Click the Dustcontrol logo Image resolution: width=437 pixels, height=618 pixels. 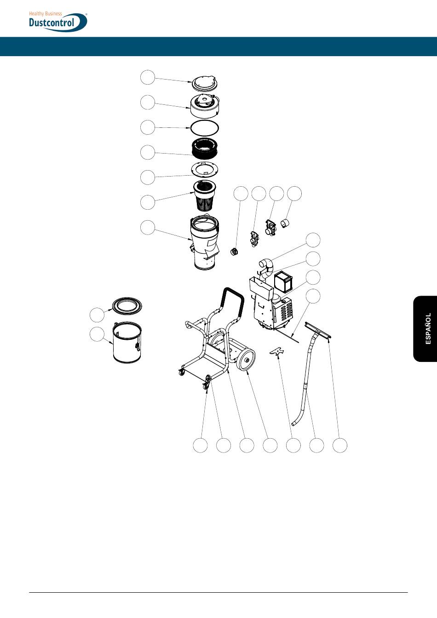pyautogui.click(x=57, y=22)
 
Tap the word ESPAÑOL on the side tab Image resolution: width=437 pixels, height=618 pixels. pyautogui.click(x=428, y=328)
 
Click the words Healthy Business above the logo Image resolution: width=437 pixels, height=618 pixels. pyautogui.click(x=46, y=14)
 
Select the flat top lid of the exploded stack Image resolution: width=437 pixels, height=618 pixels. pyautogui.click(x=205, y=82)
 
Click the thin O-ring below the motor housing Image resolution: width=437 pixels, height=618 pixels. pyautogui.click(x=205, y=127)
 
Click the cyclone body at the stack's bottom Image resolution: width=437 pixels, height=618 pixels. pyautogui.click(x=205, y=244)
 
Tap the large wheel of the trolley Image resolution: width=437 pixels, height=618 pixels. pyautogui.click(x=246, y=359)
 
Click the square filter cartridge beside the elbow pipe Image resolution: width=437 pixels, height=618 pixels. pyautogui.click(x=283, y=281)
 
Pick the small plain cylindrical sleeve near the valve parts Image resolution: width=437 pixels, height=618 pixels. pyautogui.click(x=285, y=224)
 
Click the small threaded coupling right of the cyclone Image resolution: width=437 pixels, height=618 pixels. pyautogui.click(x=234, y=251)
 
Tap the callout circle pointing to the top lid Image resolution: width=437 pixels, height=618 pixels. pyautogui.click(x=147, y=77)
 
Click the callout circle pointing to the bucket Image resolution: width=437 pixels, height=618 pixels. pyautogui.click(x=97, y=334)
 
